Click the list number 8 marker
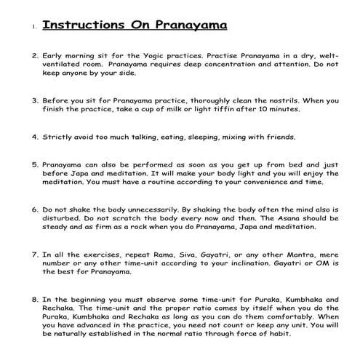35,300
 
